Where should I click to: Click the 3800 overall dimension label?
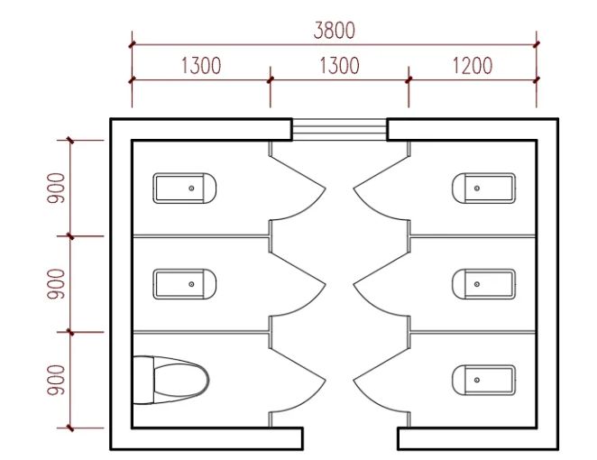pos(335,30)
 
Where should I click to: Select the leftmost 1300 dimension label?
pos(201,66)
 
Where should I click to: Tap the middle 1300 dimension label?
pos(339,66)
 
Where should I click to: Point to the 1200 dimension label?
pos(473,66)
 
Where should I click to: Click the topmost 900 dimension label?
pos(57,188)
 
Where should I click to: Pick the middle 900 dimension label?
pos(57,284)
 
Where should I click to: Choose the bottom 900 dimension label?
pos(57,380)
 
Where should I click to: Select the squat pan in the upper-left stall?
pos(185,189)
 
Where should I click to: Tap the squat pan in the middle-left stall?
pos(185,284)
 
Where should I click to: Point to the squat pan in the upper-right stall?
pos(483,188)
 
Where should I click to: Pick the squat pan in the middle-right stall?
pos(483,284)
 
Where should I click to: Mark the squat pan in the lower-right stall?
pos(483,380)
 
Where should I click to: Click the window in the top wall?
pos(339,130)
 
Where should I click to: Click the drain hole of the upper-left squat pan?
pos(192,188)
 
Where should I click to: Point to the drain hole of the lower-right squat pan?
pos(477,380)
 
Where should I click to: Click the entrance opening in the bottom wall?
pos(350,440)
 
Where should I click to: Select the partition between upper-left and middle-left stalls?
pos(200,236)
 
